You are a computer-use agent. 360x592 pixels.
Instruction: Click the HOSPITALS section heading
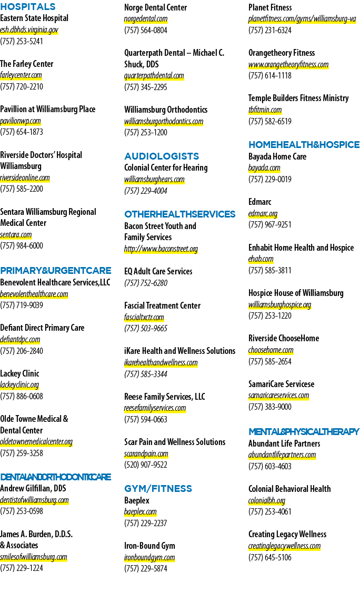[x=28, y=7]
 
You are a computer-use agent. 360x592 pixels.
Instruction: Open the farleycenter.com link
[x=21, y=75]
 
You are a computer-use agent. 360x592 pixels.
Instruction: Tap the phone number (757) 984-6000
[x=22, y=246]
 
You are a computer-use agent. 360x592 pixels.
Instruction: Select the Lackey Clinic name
[x=19, y=373]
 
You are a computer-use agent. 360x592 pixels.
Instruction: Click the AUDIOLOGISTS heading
[x=162, y=156]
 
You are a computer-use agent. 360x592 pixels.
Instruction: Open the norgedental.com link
[x=146, y=19]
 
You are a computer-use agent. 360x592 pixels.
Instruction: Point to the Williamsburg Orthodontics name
[x=166, y=110]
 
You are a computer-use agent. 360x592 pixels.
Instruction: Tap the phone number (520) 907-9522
[x=146, y=465]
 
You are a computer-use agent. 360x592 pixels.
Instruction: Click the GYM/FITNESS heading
[x=158, y=489]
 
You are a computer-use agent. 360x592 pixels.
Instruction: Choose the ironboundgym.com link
[x=149, y=557]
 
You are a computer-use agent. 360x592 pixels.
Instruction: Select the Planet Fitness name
[x=270, y=7]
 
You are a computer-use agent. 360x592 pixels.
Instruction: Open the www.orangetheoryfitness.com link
[x=288, y=65]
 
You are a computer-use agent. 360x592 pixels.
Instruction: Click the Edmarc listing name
[x=259, y=202]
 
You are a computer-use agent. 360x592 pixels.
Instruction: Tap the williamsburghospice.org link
[x=279, y=304]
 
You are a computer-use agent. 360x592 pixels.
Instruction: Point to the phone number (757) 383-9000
[x=270, y=407]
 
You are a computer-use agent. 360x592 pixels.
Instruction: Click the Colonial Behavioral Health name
[x=289, y=489]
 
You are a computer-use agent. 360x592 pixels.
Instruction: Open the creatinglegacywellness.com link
[x=285, y=546]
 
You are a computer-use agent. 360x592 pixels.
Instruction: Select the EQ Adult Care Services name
[x=158, y=271]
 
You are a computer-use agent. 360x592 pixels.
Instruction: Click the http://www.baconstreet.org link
[x=161, y=249]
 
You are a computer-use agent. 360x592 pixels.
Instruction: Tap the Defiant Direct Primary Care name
[x=42, y=328]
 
